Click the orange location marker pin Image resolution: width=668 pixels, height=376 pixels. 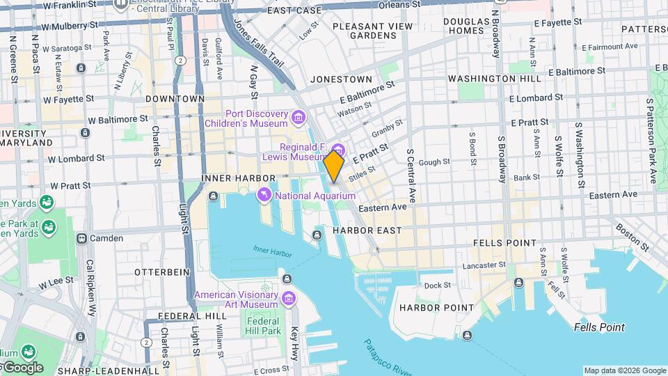tap(334, 166)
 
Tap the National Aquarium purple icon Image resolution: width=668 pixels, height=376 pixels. tap(264, 196)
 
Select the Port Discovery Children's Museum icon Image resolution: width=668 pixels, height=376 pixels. tap(299, 116)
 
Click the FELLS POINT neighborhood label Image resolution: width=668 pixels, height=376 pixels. tap(504, 243)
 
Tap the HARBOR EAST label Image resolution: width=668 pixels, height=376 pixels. tap(367, 230)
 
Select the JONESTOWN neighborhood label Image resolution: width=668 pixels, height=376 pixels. tap(341, 79)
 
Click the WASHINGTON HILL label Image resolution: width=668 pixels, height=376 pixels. tap(494, 79)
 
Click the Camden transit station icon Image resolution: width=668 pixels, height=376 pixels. tap(81, 238)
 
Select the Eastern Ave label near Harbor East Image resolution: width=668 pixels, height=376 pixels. tap(382, 207)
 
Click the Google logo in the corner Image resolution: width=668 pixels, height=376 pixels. tap(22, 368)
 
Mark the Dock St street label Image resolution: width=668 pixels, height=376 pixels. tap(437, 285)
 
